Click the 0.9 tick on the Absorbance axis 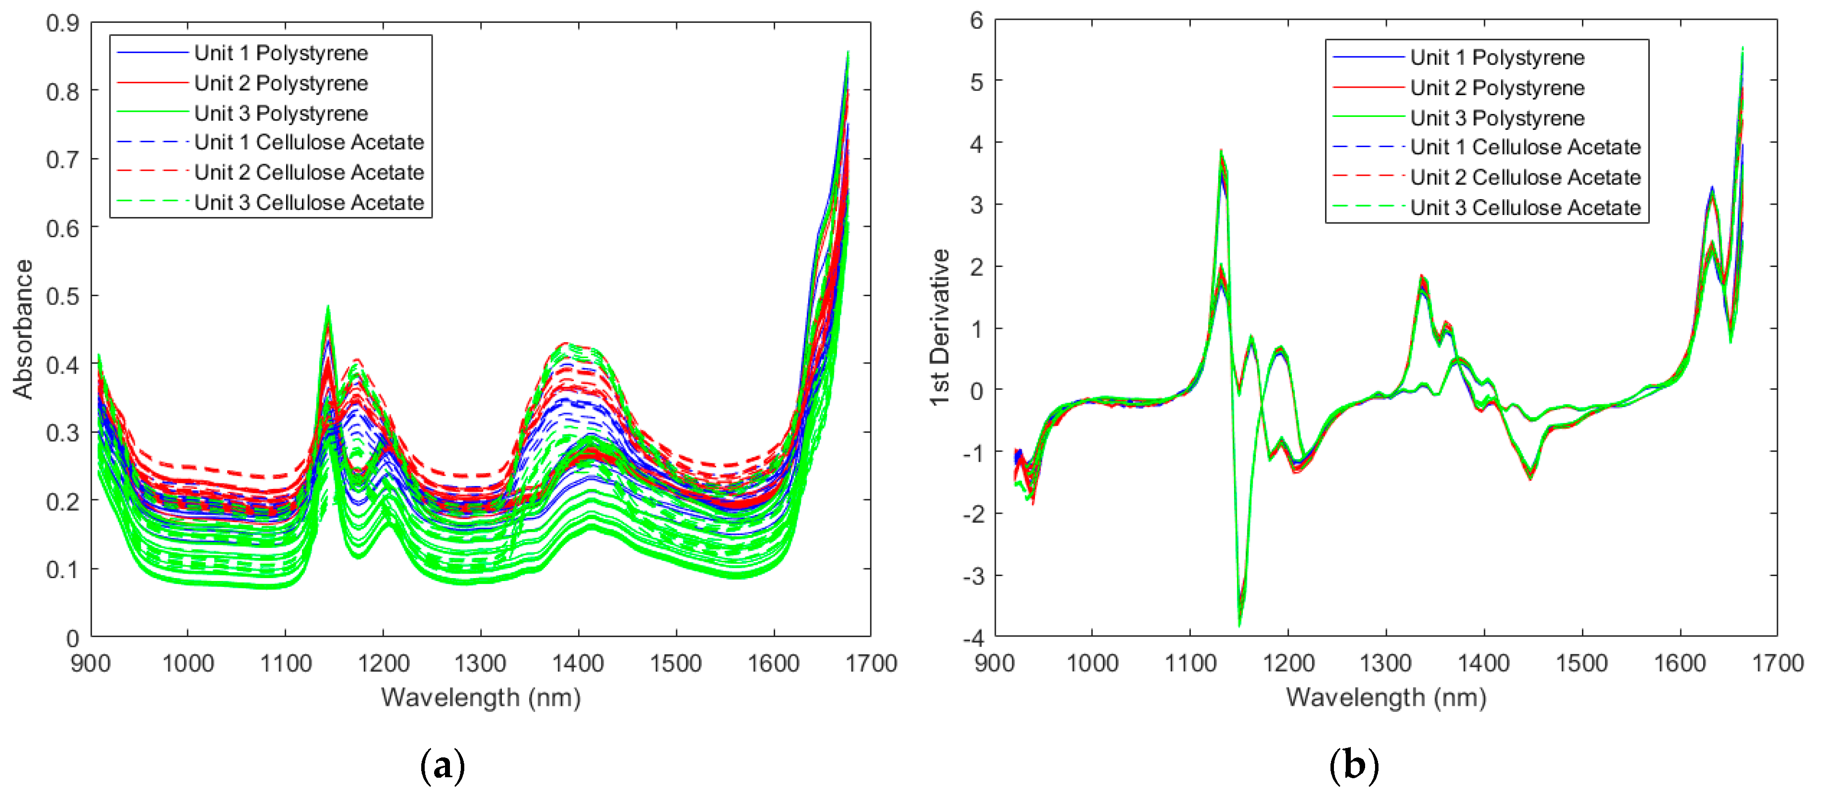click(62, 23)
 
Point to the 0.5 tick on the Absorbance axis click(62, 296)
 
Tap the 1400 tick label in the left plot click(578, 663)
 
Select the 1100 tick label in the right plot click(1190, 663)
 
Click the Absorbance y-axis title click(23, 329)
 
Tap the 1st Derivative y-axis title click(939, 327)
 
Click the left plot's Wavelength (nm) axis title click(481, 697)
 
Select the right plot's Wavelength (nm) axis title click(1385, 697)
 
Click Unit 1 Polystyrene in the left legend click(281, 53)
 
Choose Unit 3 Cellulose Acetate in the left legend click(309, 203)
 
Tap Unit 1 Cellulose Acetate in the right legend click(1525, 147)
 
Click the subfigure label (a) click(443, 766)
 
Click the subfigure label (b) click(1354, 766)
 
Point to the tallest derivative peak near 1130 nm click(1221, 151)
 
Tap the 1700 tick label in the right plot click(1777, 663)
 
